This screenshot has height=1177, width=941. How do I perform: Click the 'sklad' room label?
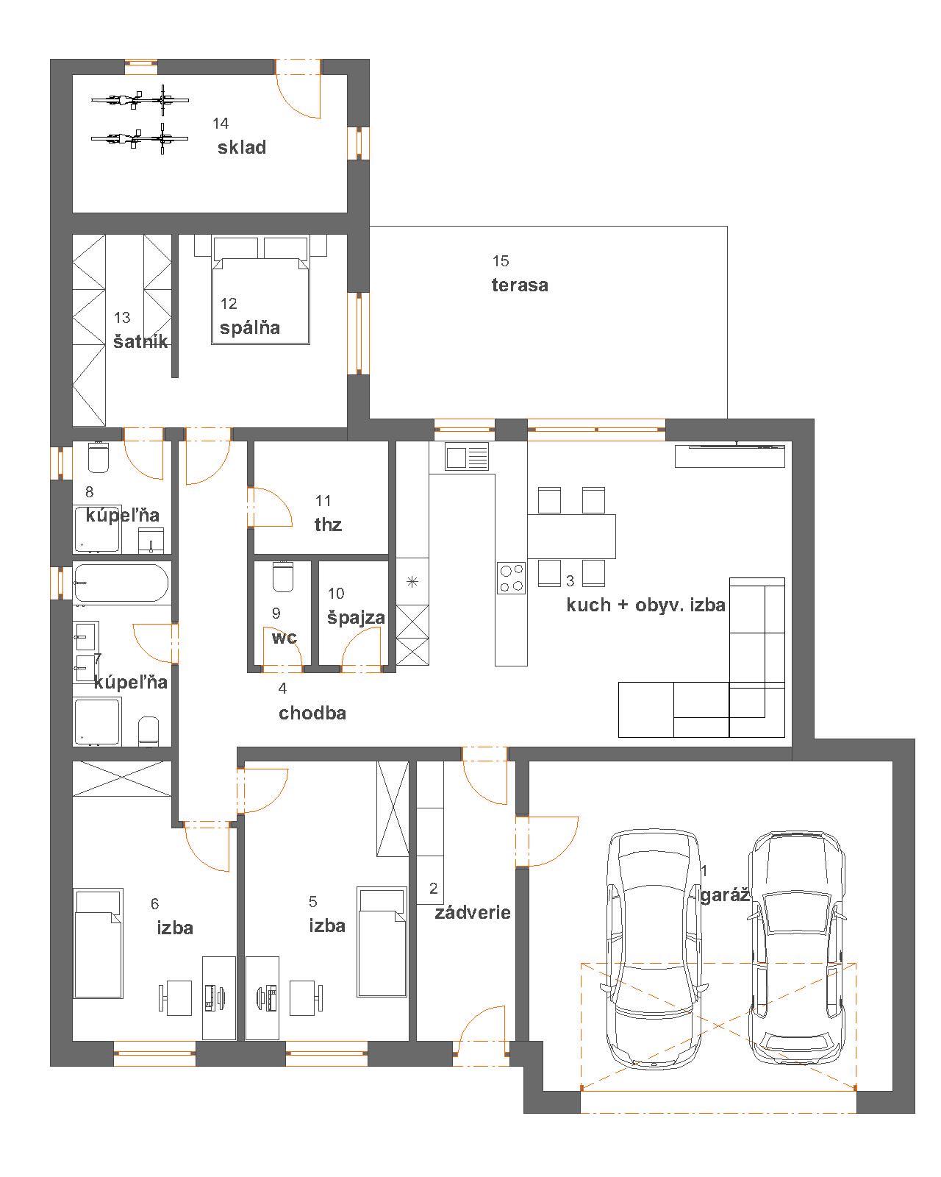242,147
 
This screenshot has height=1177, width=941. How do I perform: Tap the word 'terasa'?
520,285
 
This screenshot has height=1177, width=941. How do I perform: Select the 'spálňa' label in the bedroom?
250,327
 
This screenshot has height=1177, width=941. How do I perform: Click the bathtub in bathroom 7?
121,583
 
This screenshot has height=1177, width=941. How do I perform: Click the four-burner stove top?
511,577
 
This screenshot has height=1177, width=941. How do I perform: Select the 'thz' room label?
328,525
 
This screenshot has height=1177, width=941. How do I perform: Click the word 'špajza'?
356,618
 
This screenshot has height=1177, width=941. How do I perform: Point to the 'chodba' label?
312,713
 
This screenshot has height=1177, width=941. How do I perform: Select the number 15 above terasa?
501,261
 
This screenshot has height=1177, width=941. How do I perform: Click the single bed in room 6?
99,944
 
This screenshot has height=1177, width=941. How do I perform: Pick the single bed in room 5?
382,942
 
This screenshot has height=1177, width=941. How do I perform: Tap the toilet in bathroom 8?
99,457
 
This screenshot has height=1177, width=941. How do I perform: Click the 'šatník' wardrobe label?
140,341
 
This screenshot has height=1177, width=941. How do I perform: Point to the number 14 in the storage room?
221,124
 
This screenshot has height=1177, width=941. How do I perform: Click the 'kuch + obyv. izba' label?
645,605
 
